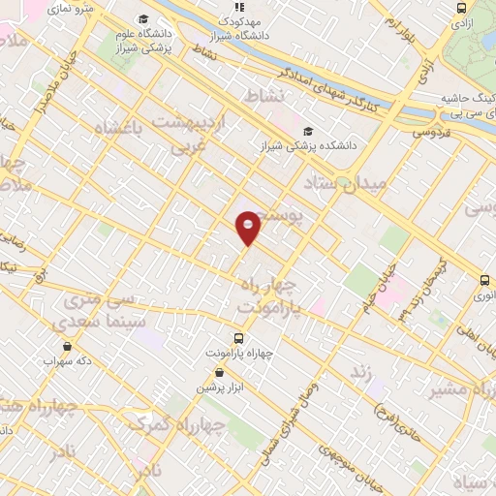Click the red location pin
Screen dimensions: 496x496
point(248,227)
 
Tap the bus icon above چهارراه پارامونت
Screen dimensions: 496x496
point(239,339)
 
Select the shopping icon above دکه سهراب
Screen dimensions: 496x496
point(67,345)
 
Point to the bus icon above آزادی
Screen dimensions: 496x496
point(461,7)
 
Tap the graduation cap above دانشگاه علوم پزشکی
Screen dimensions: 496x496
point(143,18)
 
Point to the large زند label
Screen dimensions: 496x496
point(361,372)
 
